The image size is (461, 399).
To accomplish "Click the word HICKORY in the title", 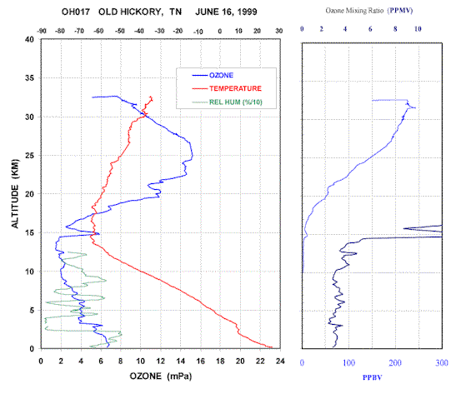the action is [141, 12].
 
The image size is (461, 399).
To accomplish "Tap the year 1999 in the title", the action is [247, 12].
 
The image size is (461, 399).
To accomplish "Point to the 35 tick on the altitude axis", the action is [30, 77].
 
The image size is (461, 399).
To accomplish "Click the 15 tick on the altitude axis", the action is [30, 232].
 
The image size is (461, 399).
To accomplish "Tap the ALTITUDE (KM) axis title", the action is [15, 194].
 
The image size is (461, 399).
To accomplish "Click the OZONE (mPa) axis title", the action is [161, 376].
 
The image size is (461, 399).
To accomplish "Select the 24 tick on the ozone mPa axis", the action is [280, 361].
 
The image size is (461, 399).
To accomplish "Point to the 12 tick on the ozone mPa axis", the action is [160, 361].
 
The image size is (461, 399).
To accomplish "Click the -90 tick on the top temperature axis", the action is [42, 31].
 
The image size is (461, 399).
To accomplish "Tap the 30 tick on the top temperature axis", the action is [279, 31].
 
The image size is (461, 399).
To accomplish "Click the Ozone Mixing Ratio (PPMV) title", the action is [369, 11].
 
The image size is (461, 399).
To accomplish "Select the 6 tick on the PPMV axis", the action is [370, 29].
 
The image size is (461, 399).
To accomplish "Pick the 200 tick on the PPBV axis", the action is [395, 363].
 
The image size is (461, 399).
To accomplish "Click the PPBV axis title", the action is [372, 377].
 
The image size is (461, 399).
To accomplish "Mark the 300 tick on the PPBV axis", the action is [442, 363].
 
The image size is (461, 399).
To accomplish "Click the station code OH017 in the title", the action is [76, 12].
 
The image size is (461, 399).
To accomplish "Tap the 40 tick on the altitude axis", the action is [30, 39].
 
